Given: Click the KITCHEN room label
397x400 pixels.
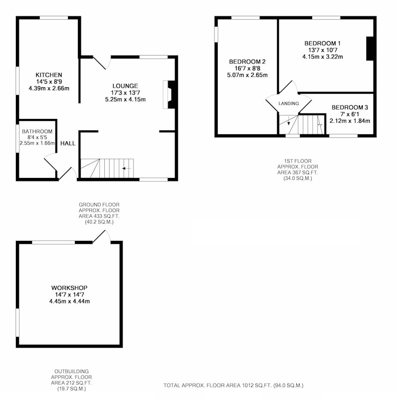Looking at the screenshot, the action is (x=49, y=75).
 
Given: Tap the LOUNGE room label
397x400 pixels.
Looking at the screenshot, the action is (x=125, y=86).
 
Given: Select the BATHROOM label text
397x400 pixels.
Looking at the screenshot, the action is (x=37, y=131).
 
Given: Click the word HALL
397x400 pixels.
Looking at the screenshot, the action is (x=68, y=143).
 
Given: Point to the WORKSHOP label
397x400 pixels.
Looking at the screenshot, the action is (x=69, y=288).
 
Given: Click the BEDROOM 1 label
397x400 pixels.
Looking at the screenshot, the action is (x=323, y=43).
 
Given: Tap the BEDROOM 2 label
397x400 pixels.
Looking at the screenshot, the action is (x=247, y=62).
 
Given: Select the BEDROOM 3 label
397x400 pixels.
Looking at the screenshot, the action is (x=350, y=108).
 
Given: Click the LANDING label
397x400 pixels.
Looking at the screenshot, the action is (x=289, y=103).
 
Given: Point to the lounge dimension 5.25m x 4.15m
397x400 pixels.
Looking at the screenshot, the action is (x=125, y=100).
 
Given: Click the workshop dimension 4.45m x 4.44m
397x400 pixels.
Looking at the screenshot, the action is (x=69, y=301).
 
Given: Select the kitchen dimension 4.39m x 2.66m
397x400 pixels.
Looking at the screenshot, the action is (x=49, y=89).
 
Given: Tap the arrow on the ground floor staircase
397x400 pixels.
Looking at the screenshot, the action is (x=127, y=169).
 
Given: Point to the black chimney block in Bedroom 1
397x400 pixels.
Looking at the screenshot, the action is (x=370, y=49).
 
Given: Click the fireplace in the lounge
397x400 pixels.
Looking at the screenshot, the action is (x=169, y=95).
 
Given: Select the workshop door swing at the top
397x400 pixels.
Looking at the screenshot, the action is (x=101, y=236).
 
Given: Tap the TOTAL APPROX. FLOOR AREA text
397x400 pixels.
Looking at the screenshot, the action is (x=234, y=386).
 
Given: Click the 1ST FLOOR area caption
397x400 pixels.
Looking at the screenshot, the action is (x=298, y=170).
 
